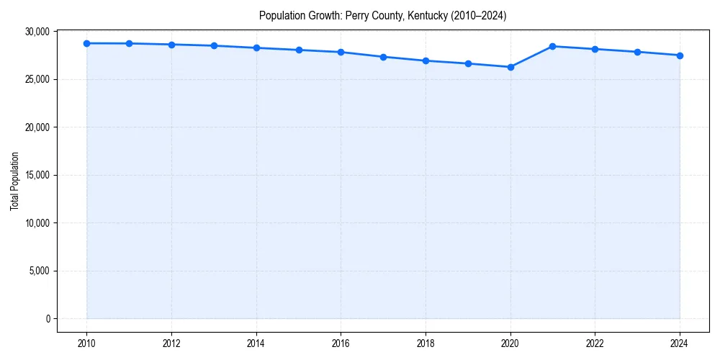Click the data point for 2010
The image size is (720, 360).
pos(86,43)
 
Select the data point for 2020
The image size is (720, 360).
pos(510,67)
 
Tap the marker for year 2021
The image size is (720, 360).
pos(552,46)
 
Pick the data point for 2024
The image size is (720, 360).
pos(680,55)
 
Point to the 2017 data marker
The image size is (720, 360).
pos(383,57)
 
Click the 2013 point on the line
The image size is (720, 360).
pos(214,45)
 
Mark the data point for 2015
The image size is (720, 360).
pos(299,50)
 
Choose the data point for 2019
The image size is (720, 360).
pos(468,63)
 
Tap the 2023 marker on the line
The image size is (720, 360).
pos(637,52)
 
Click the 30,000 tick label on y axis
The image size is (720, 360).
pos(36,32)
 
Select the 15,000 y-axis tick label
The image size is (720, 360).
pos(36,175)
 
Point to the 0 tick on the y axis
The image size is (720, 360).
pos(48,318)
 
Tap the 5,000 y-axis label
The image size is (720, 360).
pos(38,271)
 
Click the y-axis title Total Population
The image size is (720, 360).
pos(14,181)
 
